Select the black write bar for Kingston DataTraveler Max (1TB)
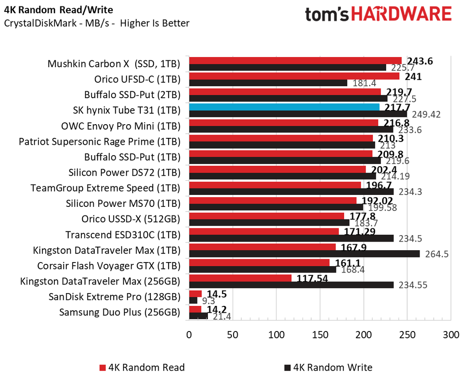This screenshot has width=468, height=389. [x=304, y=253]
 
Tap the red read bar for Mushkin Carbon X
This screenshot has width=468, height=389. [x=295, y=61]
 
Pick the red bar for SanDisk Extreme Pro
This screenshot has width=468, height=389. [x=196, y=294]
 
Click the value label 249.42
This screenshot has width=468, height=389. [x=426, y=114]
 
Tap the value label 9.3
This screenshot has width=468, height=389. [x=208, y=300]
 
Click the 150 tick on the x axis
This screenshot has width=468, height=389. [x=320, y=334]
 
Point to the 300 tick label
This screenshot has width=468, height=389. [x=451, y=334]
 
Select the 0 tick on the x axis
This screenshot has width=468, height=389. [x=189, y=334]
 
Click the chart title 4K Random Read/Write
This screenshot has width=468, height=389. [x=58, y=10]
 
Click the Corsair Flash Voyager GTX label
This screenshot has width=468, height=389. [x=109, y=266]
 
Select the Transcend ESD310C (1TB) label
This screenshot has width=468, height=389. [x=123, y=235]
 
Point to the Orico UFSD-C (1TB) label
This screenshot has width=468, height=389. [x=138, y=79]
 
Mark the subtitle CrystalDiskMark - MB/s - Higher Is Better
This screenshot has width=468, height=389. [x=96, y=23]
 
